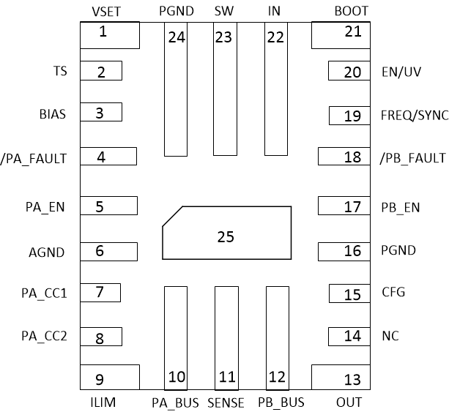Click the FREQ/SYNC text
[415, 116]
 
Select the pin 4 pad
[108, 157]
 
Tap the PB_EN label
[401, 207]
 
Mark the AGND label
[46, 252]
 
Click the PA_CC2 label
[44, 337]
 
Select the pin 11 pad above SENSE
[226, 337]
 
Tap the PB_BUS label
[281, 402]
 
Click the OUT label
[349, 402]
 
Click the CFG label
[393, 293]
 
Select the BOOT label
[351, 12]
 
